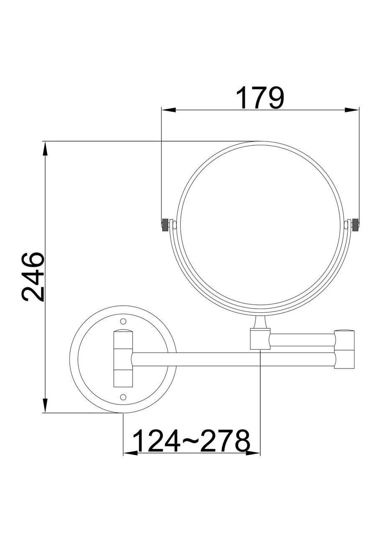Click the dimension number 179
[260, 98]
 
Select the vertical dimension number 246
[33, 277]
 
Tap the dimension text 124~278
[191, 441]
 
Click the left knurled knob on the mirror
[165, 224]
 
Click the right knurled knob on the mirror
[355, 224]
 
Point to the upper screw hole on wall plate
[123, 321]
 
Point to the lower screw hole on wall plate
[123, 396]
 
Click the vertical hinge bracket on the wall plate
[123, 358]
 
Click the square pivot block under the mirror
[260, 339]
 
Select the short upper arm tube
[301, 340]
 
